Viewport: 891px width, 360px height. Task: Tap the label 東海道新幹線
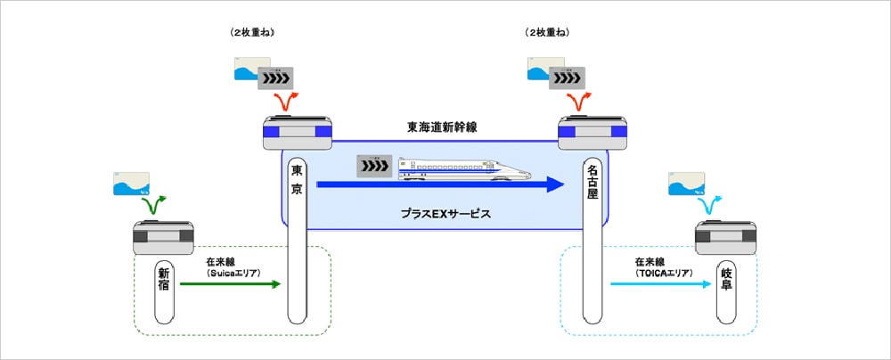pos(443,127)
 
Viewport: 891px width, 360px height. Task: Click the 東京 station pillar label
pos(297,182)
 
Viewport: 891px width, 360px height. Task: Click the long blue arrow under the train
pos(440,185)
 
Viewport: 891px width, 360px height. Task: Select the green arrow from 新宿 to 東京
pos(230,285)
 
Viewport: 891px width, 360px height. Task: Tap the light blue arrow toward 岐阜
pos(655,285)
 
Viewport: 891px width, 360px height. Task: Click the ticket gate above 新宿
pos(162,235)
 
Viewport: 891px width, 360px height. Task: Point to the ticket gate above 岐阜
pos(725,235)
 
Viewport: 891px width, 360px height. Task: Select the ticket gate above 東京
pos(297,134)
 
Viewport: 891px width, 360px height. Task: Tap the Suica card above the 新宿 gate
pos(131,184)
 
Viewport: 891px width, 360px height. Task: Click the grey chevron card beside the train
pos(374,167)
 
